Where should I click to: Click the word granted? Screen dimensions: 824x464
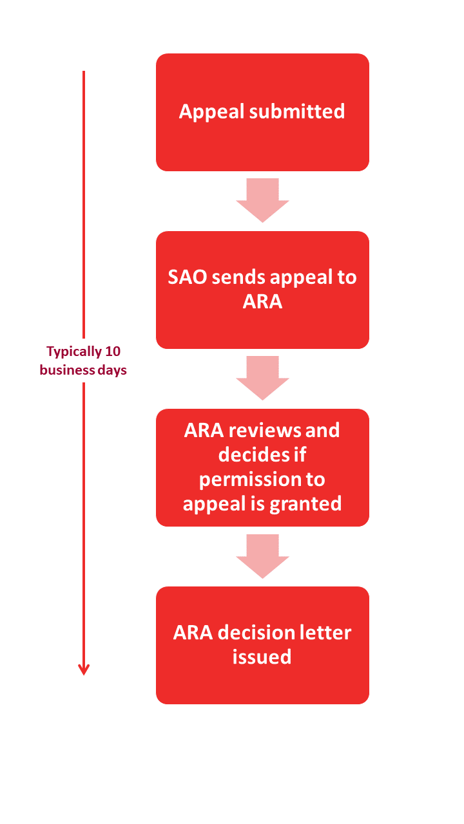306,503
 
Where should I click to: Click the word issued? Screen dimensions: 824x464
262,657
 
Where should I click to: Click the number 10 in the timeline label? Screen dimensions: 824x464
113,351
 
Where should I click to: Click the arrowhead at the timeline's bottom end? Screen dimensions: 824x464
83,669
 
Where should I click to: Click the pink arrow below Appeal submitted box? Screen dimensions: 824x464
262,199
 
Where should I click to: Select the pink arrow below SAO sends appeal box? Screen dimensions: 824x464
262,377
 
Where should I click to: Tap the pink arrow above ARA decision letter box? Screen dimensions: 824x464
262,555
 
